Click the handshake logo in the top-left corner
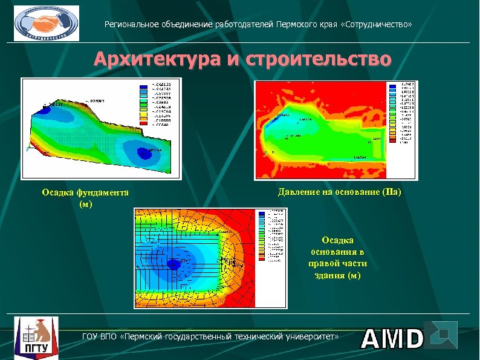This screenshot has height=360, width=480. pos(47,23)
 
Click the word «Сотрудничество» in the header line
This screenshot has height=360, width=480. pos(381,25)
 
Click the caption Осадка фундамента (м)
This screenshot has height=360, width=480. pos(85,198)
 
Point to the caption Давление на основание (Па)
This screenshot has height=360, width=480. pos(340,192)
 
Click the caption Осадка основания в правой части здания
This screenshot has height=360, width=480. pos(339,258)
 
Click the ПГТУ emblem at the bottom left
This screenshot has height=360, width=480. pos(37,336)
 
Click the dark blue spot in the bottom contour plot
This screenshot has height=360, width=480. pos(174,264)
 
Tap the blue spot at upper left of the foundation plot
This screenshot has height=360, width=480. pos(46,109)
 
